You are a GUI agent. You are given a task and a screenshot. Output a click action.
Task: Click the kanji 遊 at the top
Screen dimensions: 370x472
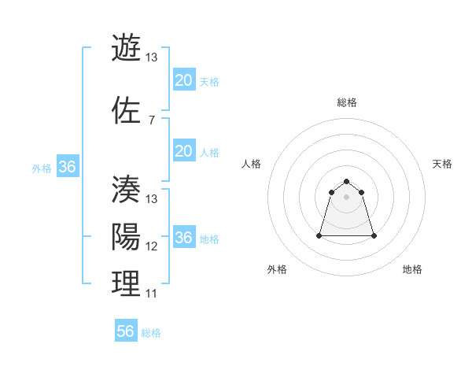pyautogui.click(x=126, y=47)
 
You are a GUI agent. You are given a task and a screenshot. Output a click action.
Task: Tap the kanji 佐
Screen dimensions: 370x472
pyautogui.click(x=126, y=110)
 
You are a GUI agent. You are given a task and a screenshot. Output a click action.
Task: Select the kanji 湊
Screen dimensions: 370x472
pyautogui.click(x=126, y=189)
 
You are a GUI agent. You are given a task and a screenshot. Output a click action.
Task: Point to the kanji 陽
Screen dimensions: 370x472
pyautogui.click(x=126, y=236)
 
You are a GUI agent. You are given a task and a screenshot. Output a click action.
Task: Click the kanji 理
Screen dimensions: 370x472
pyautogui.click(x=126, y=283)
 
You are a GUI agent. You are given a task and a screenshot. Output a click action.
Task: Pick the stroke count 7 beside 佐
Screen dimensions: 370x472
pyautogui.click(x=151, y=120)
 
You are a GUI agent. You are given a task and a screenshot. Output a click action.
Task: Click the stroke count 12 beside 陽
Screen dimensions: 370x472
pyautogui.click(x=151, y=246)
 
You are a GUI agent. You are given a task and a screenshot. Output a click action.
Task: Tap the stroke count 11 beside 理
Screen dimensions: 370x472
pyautogui.click(x=151, y=294)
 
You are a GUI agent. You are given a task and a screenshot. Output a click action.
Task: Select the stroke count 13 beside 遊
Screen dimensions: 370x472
pyautogui.click(x=151, y=57)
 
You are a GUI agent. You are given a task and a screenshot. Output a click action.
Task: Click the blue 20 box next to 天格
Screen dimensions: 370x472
pyautogui.click(x=183, y=80)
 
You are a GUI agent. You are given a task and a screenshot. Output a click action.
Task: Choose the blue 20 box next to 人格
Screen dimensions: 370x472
pyautogui.click(x=183, y=151)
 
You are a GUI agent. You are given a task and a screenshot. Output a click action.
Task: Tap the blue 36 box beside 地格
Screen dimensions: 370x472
pyautogui.click(x=183, y=238)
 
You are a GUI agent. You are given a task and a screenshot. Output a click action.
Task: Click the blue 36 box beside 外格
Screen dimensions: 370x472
pyautogui.click(x=67, y=167)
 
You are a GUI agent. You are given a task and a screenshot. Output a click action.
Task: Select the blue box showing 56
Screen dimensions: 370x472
pyautogui.click(x=125, y=331)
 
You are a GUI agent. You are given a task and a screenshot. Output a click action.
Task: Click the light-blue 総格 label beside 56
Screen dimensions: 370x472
pyautogui.click(x=151, y=333)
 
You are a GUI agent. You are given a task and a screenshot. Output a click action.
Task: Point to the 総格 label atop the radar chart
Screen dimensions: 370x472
pyautogui.click(x=347, y=102)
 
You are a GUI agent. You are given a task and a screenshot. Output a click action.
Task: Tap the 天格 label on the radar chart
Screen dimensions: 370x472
pyautogui.click(x=442, y=164)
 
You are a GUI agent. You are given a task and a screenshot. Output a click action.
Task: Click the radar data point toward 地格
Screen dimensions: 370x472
pyautogui.click(x=374, y=235)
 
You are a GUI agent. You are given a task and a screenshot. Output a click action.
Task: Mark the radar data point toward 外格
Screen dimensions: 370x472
pyautogui.click(x=319, y=235)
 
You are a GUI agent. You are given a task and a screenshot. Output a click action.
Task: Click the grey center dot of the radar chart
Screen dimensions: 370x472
pyautogui.click(x=347, y=197)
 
